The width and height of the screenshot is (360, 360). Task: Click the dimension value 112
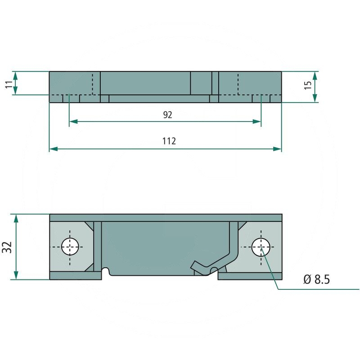[x=168, y=141]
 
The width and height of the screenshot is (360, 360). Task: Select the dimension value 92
[x=167, y=115]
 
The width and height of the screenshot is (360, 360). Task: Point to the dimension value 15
[x=308, y=85]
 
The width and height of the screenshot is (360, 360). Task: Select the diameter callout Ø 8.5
[x=316, y=279]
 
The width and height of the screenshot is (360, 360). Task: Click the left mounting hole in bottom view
[x=70, y=247]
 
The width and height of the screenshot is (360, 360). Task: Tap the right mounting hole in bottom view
[x=261, y=247]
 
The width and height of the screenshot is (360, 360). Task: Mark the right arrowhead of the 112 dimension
[x=278, y=148]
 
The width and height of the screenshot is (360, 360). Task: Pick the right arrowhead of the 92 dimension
[x=257, y=121]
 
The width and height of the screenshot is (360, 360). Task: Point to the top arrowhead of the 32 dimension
[x=16, y=218]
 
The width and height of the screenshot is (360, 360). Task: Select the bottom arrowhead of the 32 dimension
[x=16, y=276]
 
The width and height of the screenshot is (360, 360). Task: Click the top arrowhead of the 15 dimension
[x=315, y=75]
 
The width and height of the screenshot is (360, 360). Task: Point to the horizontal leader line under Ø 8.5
[x=315, y=289]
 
